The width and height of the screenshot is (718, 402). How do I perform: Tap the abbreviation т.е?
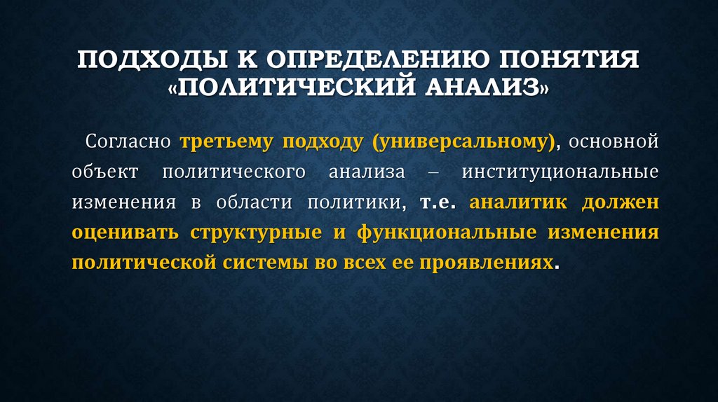click(x=439, y=202)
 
